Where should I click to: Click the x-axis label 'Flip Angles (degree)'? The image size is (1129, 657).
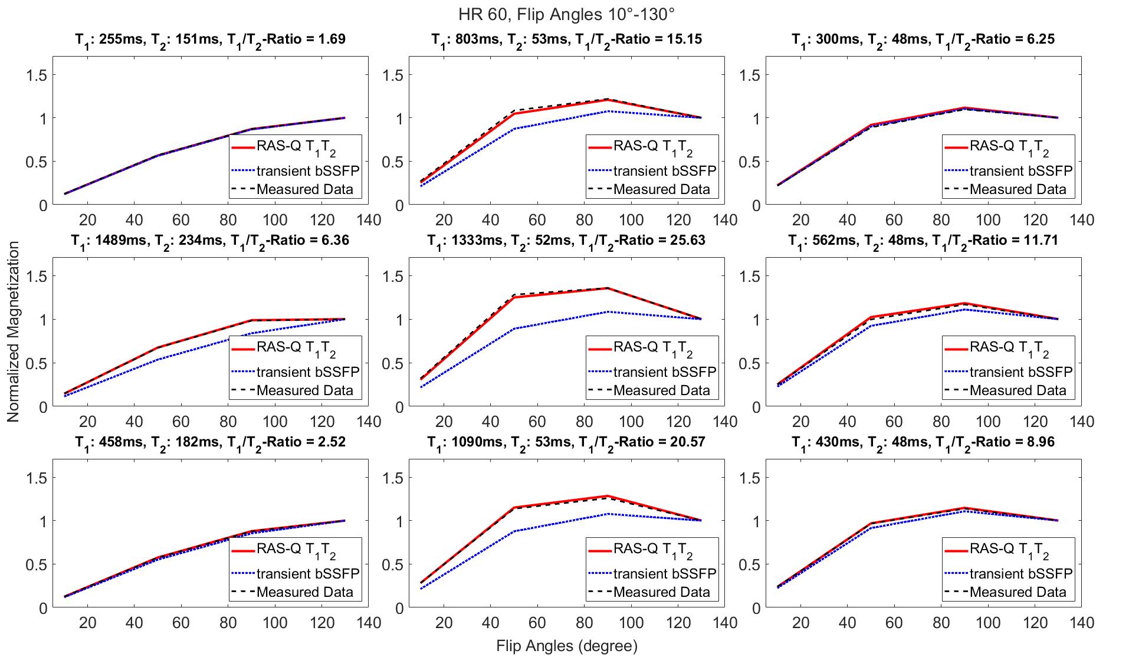pyautogui.click(x=567, y=646)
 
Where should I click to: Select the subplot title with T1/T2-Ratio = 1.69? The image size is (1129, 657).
pyautogui.click(x=209, y=40)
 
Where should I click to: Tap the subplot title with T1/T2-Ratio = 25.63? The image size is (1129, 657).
pyautogui.click(x=566, y=241)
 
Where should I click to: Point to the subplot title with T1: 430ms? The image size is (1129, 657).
pyautogui.click(x=923, y=442)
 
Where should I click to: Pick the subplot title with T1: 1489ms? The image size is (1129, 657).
pyautogui.click(x=209, y=241)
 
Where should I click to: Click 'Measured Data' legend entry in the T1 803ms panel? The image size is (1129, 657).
pyautogui.click(x=661, y=189)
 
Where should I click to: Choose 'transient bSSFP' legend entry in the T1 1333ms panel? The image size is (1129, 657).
pyautogui.click(x=664, y=372)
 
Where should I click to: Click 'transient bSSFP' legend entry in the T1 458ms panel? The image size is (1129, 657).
pyautogui.click(x=307, y=574)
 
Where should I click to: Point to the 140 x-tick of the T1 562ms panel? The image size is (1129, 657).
pyautogui.click(x=1082, y=422)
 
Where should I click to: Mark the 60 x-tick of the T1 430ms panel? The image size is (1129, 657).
pyautogui.click(x=894, y=623)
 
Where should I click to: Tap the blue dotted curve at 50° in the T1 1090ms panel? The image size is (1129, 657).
pyautogui.click(x=514, y=531)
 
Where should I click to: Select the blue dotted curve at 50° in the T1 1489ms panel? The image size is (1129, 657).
pyautogui.click(x=157, y=359)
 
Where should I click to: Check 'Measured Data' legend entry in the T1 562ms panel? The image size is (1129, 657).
pyautogui.click(x=1018, y=390)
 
